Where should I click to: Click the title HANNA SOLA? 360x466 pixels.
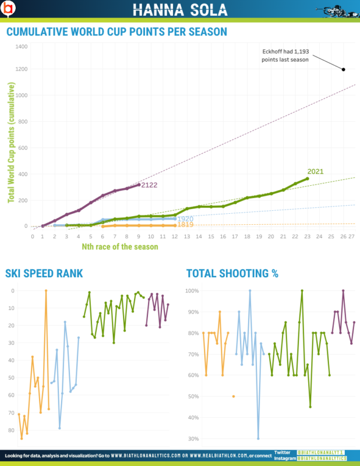click(x=179, y=9)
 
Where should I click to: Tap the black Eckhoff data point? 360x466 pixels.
click(x=343, y=69)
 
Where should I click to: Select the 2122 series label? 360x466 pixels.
click(x=150, y=185)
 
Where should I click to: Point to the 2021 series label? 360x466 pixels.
click(x=315, y=171)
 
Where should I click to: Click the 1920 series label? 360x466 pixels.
click(x=185, y=219)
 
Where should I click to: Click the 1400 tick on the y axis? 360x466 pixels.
click(x=22, y=46)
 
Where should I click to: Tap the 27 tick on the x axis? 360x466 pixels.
click(x=351, y=237)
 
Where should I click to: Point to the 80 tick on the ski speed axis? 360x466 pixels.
click(x=13, y=430)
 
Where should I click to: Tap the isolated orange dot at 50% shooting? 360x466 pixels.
click(x=234, y=396)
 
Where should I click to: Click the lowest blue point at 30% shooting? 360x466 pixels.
click(x=258, y=439)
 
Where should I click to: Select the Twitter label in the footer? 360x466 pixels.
click(x=282, y=452)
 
